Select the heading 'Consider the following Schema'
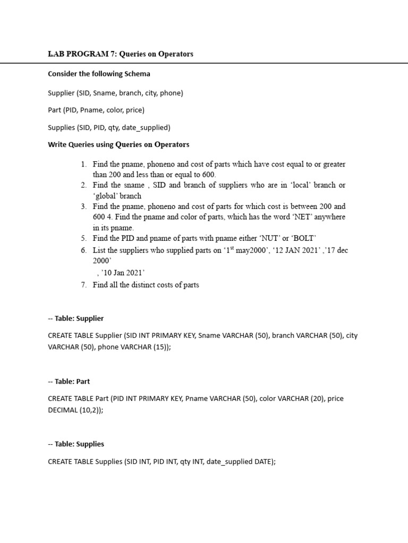(x=99, y=74)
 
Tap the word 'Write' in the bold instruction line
(x=58, y=144)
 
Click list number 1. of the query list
(x=84, y=164)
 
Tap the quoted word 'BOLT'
(x=303, y=238)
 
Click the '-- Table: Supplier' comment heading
(x=76, y=318)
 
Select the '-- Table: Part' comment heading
(x=69, y=381)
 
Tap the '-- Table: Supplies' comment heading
(x=76, y=444)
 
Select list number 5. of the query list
(x=84, y=238)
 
